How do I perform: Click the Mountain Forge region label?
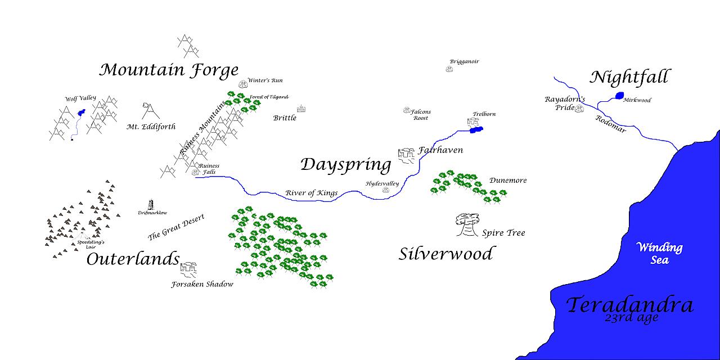point(169,70)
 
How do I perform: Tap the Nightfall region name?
point(631,78)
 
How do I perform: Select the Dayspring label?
point(345,165)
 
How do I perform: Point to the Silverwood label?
point(445,254)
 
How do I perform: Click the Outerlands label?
point(133,259)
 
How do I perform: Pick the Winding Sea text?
point(659,253)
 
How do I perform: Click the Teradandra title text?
point(629,305)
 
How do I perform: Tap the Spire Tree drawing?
point(466,225)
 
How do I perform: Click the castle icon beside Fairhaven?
point(406,155)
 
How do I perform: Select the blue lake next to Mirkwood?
point(620,96)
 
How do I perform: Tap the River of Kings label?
point(311,193)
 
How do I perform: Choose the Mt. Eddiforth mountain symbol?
point(150,110)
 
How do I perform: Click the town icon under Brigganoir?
point(449,69)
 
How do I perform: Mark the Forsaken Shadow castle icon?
point(188,269)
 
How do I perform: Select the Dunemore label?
point(508,181)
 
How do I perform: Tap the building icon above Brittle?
point(301,109)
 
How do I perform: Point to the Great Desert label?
point(175,226)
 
